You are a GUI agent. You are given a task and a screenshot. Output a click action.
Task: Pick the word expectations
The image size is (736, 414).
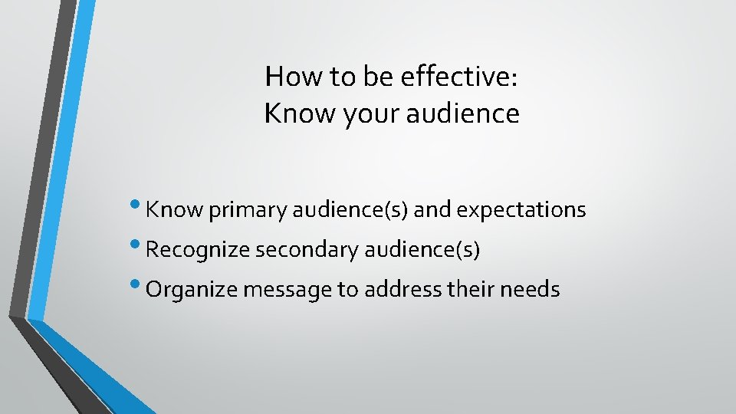click(521, 209)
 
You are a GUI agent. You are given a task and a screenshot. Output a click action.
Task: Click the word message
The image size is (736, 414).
click(278, 290)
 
